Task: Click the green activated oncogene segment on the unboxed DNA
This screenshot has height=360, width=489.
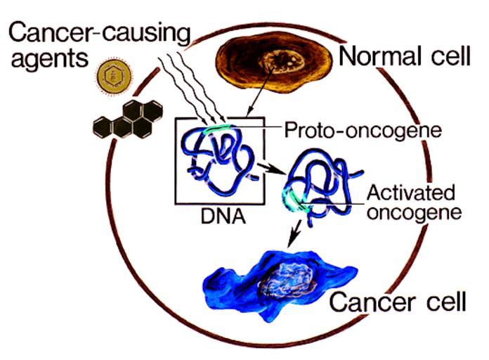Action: (291, 201)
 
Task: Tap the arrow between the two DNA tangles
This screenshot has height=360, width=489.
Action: (264, 169)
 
